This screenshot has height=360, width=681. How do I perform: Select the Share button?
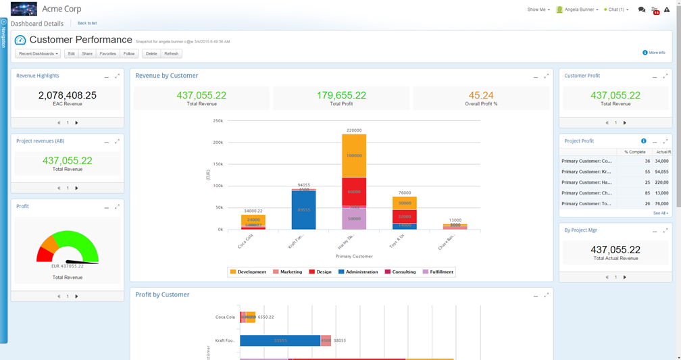click(87, 53)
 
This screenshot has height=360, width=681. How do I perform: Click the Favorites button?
click(107, 53)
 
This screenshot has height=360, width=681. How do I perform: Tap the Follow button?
click(129, 53)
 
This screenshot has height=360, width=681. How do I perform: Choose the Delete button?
click(151, 53)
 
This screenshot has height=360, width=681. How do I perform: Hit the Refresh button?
click(172, 53)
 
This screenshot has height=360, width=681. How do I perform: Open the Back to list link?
click(87, 24)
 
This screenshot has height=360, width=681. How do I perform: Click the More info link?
click(656, 53)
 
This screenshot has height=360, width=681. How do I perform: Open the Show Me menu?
click(538, 9)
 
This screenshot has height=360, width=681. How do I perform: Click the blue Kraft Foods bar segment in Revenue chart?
click(303, 210)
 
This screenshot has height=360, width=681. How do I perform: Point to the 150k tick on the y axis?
click(218, 164)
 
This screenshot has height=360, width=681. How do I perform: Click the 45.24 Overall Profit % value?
click(481, 96)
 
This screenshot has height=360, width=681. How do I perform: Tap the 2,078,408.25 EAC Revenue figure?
click(67, 96)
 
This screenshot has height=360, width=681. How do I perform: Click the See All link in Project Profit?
click(660, 213)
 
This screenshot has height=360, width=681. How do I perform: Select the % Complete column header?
click(634, 152)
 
